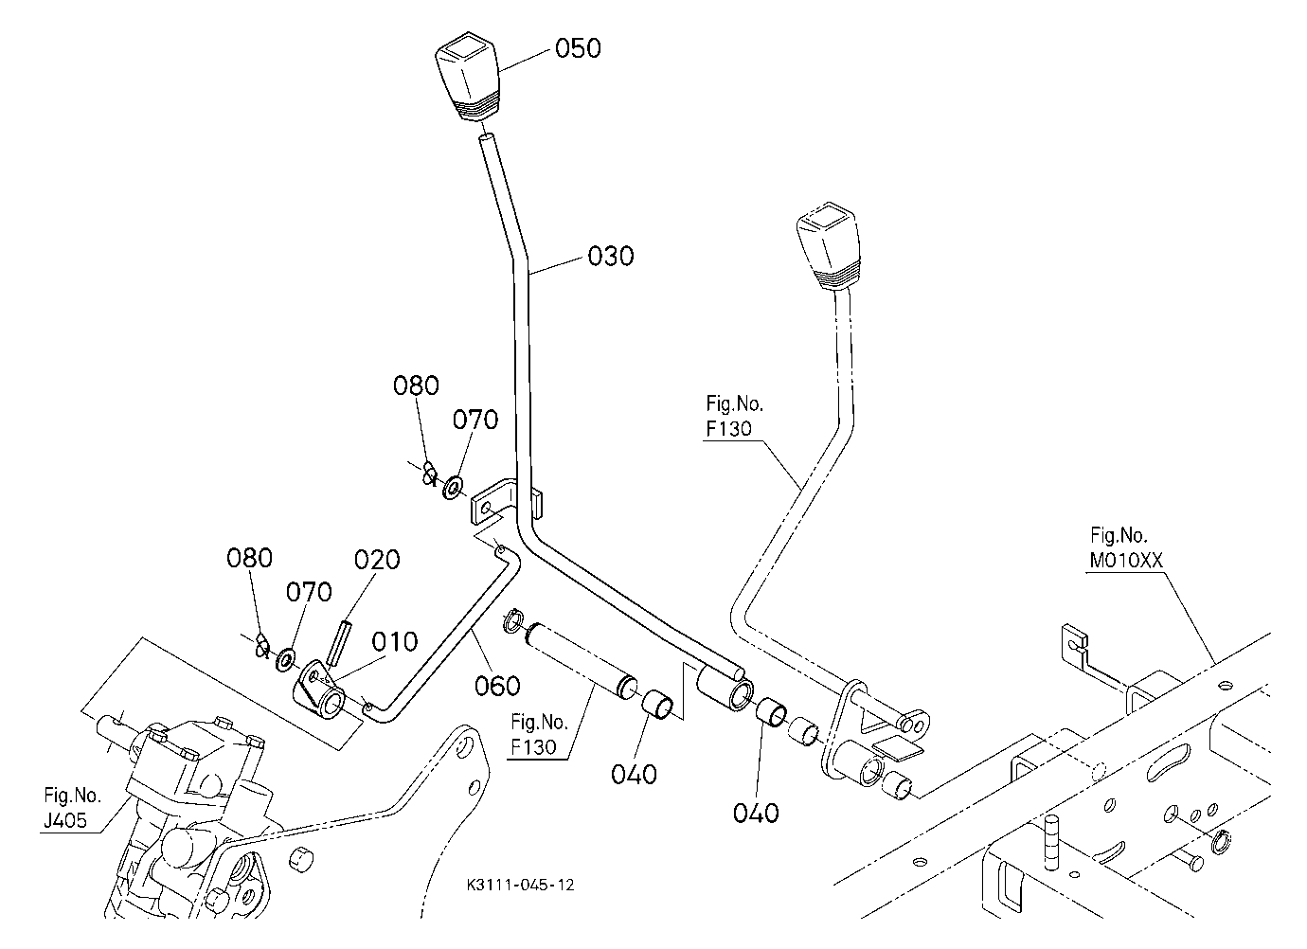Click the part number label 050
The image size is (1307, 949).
pyautogui.click(x=577, y=48)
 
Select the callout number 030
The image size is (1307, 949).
pyautogui.click(x=610, y=257)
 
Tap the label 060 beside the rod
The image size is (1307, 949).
pyautogui.click(x=497, y=687)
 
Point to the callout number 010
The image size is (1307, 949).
pyautogui.click(x=395, y=642)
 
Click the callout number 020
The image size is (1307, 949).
pyautogui.click(x=377, y=560)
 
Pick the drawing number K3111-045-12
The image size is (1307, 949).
pyautogui.click(x=521, y=886)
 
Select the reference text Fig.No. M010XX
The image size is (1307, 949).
pyautogui.click(x=1125, y=547)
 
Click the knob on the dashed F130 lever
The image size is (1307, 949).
pyautogui.click(x=829, y=246)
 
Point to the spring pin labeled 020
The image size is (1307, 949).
pyautogui.click(x=340, y=642)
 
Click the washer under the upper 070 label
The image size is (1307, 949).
pyautogui.click(x=452, y=488)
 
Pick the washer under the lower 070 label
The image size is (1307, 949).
pyautogui.click(x=286, y=659)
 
